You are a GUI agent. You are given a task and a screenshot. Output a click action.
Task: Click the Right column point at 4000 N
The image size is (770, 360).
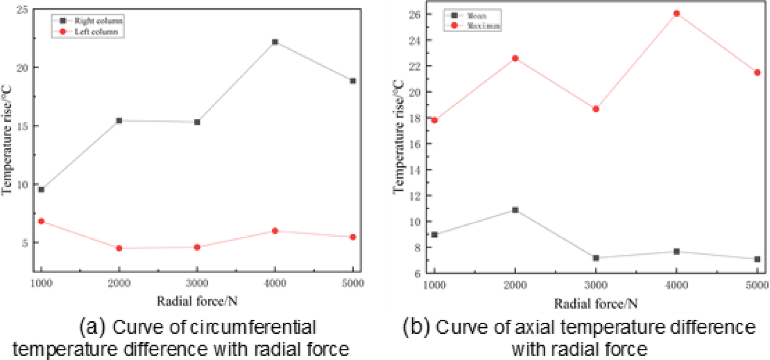[x=275, y=42]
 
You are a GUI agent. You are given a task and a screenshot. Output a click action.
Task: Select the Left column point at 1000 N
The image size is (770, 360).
[x=41, y=221]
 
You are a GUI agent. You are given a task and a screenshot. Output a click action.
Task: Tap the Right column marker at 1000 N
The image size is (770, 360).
[x=41, y=190]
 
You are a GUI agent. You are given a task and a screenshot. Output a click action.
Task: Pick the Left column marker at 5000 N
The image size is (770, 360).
[x=353, y=237]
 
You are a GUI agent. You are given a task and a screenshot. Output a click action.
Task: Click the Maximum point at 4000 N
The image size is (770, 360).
[x=677, y=14]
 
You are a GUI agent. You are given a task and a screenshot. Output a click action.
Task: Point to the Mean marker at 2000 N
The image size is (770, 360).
[x=515, y=210]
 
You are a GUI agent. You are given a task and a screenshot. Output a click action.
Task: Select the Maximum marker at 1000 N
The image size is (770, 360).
[x=434, y=120]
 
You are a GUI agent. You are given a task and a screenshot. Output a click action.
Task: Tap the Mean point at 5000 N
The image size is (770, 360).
[x=757, y=259]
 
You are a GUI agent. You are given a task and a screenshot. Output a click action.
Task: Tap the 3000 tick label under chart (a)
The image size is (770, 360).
[x=197, y=283]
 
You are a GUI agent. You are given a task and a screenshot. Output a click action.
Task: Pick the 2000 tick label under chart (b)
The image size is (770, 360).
[x=515, y=285]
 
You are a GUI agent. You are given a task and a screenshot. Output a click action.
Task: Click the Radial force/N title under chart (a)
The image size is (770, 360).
[x=197, y=302]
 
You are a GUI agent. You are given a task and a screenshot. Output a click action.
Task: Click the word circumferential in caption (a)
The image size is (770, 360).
[x=253, y=327]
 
